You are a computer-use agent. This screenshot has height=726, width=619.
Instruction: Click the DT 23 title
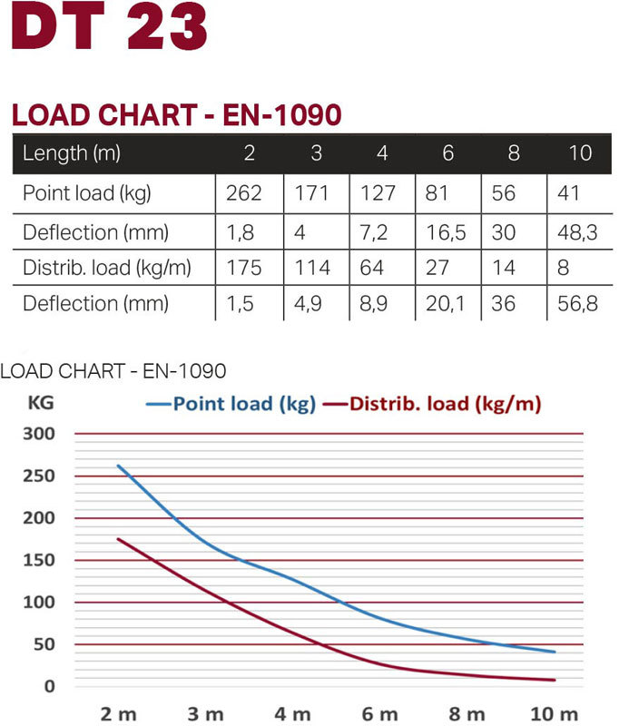(108, 31)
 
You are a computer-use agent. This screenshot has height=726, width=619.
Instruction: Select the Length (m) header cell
(72, 153)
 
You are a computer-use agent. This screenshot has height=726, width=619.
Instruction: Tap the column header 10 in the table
(581, 153)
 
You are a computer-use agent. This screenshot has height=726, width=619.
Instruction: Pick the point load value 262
(245, 193)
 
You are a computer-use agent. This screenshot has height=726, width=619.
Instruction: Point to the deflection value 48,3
(577, 232)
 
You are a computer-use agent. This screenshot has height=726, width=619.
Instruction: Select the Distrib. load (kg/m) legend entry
(435, 404)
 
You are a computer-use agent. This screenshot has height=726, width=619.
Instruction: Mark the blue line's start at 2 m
(118, 466)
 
